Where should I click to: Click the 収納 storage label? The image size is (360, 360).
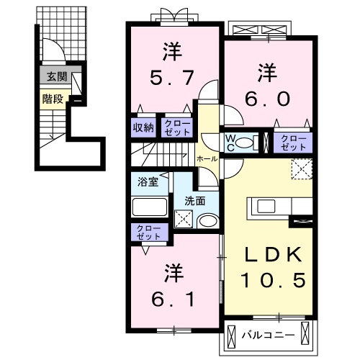pos(143,127)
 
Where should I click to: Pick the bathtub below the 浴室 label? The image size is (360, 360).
pos(149,207)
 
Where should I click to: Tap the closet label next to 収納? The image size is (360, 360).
pos(176,127)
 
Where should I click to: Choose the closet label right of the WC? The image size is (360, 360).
pos(292,140)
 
